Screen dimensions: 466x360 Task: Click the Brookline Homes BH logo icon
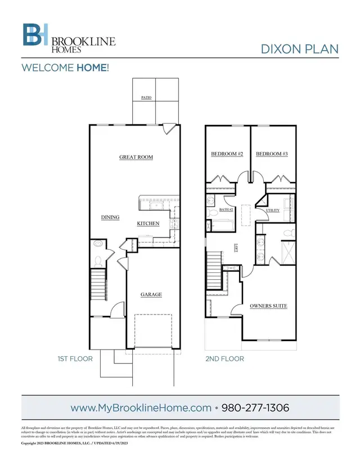point(35,35)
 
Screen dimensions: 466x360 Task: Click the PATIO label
point(146,97)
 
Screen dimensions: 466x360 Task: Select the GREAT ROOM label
point(136,157)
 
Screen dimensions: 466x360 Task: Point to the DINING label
point(110,217)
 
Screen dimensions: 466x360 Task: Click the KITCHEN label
point(148,223)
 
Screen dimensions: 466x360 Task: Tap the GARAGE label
point(151,294)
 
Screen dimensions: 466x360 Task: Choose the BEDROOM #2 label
point(227,154)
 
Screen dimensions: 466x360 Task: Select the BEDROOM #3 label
point(272,154)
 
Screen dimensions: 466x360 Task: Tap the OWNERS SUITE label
point(268,306)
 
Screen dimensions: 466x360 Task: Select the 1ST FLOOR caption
point(75,358)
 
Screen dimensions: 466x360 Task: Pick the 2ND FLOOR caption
point(224,358)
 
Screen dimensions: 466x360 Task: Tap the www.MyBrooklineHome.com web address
point(140,406)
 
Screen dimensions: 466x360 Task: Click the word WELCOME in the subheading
point(47,68)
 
